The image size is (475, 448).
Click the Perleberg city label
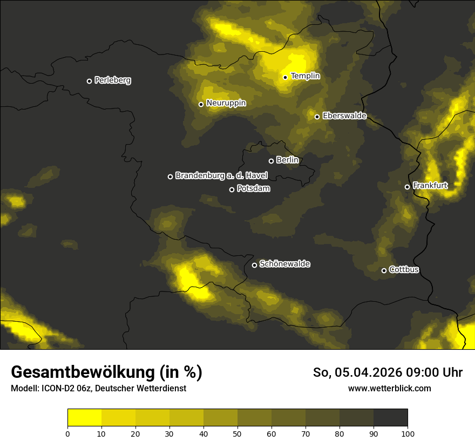click(x=113, y=80)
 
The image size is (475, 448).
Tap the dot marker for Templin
click(x=285, y=77)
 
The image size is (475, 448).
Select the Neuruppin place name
click(x=226, y=103)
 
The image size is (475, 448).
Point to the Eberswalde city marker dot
click(x=317, y=117)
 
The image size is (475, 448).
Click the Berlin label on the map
click(x=287, y=160)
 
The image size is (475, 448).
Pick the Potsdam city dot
click(x=232, y=189)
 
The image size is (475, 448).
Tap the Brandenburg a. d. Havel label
click(x=221, y=175)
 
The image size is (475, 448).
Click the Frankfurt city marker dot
click(x=408, y=187)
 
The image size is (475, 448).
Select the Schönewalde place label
click(x=285, y=264)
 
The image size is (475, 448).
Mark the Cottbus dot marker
click(x=384, y=270)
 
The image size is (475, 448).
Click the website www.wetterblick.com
click(x=390, y=388)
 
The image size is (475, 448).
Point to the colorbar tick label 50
click(x=237, y=433)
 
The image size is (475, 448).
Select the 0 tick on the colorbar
click(x=67, y=433)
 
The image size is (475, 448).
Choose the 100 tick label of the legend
click(x=408, y=433)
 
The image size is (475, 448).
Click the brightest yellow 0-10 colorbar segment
click(x=84, y=418)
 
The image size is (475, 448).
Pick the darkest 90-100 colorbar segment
click(x=390, y=418)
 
